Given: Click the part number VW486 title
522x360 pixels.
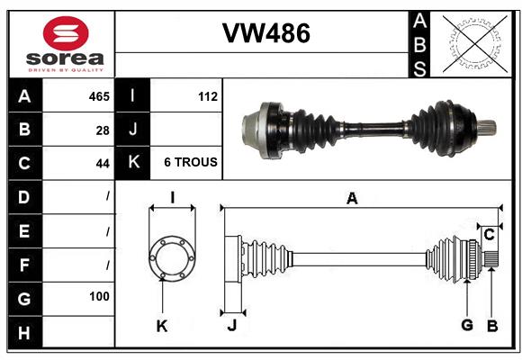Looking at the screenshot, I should point(265,34).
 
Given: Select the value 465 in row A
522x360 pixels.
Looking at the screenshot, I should point(99,95).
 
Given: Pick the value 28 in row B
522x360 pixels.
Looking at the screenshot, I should point(103,130).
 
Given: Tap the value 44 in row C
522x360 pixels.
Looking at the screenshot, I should point(103,164).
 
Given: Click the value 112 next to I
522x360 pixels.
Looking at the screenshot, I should point(207,95).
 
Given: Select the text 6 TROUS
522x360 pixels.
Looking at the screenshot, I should point(190,163).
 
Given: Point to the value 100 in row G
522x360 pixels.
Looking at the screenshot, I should point(99,296).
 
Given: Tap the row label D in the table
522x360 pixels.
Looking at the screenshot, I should point(23,196).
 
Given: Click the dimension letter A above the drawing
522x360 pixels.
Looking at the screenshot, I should point(352,199).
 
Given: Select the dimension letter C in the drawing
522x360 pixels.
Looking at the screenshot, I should point(489,235).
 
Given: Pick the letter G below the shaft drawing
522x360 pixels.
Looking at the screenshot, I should point(467,325).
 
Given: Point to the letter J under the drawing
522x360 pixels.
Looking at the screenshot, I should point(231,325).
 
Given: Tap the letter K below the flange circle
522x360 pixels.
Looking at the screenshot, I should point(162,325).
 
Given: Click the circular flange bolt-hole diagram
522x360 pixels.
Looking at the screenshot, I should point(171,257).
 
